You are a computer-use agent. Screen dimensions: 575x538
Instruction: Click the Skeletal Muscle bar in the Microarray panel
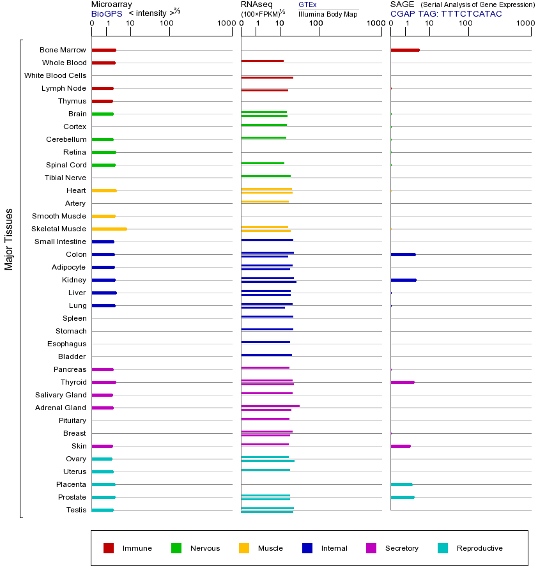point(109,229)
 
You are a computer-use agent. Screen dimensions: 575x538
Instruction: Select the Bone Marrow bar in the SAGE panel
point(404,50)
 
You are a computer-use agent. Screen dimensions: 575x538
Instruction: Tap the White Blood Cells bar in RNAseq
point(267,77)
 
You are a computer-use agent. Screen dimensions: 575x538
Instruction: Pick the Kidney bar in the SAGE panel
point(403,280)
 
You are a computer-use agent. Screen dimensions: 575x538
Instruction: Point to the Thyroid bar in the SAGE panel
point(402,382)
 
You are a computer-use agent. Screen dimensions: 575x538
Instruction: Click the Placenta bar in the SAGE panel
point(401,484)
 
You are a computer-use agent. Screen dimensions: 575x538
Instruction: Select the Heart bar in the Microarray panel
point(104,190)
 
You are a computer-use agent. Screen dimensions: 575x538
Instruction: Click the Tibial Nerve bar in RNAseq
point(266,176)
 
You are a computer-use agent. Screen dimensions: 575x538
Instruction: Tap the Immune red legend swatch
point(109,548)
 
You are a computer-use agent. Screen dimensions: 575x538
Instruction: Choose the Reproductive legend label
point(479,548)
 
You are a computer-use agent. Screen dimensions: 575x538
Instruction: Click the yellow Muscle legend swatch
point(244,548)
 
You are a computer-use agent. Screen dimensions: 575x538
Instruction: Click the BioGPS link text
point(106,13)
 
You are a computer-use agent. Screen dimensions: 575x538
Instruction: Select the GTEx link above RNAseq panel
point(307,4)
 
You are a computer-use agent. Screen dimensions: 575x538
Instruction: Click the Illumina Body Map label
point(328,13)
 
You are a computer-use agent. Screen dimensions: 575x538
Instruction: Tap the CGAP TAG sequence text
point(446,13)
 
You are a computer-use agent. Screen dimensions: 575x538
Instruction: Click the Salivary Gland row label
point(62,395)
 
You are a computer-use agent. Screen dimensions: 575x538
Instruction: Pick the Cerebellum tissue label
point(66,139)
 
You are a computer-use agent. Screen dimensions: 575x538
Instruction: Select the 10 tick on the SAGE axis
point(429,24)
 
